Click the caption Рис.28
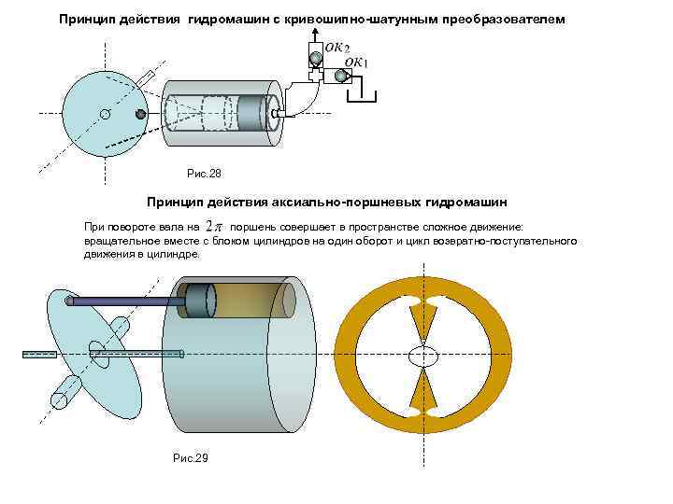[204, 173]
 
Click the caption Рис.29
[191, 457]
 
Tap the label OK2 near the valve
[336, 46]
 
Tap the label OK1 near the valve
[357, 63]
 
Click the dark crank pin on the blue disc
[140, 114]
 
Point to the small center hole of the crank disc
[106, 115]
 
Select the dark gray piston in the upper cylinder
[251, 109]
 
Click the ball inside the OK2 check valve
[317, 60]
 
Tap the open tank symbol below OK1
[364, 94]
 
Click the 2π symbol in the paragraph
[214, 227]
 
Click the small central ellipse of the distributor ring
[423, 355]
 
